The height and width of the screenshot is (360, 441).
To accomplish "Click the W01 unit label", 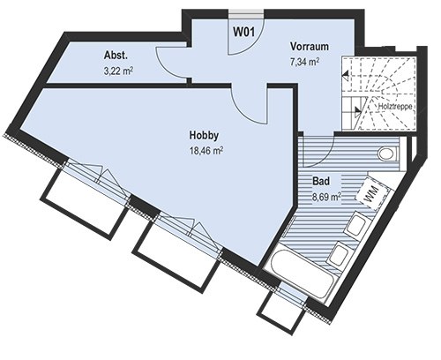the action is click(x=244, y=32).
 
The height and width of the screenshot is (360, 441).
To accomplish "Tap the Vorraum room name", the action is click(x=310, y=47).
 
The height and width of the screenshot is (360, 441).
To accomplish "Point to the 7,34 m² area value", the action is click(x=305, y=62).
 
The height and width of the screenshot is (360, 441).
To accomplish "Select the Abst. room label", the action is click(x=116, y=56).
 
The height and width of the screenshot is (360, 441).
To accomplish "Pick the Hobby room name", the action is click(x=204, y=136).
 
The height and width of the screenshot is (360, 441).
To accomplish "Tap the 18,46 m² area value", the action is click(x=206, y=151).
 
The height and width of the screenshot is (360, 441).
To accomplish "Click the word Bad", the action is click(x=321, y=181).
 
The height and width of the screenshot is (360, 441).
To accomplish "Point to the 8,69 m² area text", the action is click(x=326, y=197).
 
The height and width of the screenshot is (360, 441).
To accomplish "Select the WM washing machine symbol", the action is click(x=370, y=192).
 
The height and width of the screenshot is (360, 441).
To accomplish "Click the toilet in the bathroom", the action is click(x=388, y=154).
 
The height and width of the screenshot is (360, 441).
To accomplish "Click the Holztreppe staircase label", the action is click(x=394, y=107).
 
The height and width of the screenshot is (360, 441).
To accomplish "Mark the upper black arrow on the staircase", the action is click(x=346, y=76).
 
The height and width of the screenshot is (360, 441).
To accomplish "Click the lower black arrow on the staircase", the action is click(x=358, y=110).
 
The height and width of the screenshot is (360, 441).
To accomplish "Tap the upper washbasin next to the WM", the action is click(x=356, y=225).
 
